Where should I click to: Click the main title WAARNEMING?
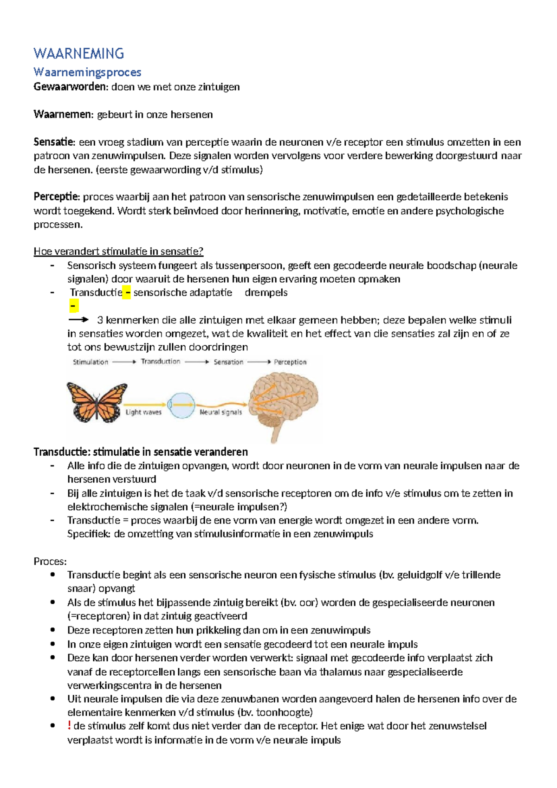coord(78,54)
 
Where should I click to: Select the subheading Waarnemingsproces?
coord(87,72)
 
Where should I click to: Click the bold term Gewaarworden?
coord(70,87)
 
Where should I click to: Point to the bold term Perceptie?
coord(57,197)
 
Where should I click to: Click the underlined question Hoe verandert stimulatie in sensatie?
coord(118,252)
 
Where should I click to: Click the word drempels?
coord(266,293)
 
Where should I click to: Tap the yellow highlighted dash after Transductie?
coord(126,293)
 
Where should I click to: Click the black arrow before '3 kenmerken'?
coord(78,320)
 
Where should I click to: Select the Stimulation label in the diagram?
coord(91,362)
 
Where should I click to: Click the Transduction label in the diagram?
coord(161,362)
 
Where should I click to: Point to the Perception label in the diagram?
coord(290,362)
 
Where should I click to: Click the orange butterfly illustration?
coord(97,402)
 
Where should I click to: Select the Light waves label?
coord(143,412)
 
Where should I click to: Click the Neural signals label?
coord(220,412)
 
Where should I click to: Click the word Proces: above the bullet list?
coord(50,562)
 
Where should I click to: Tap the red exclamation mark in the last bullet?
coord(69,726)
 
